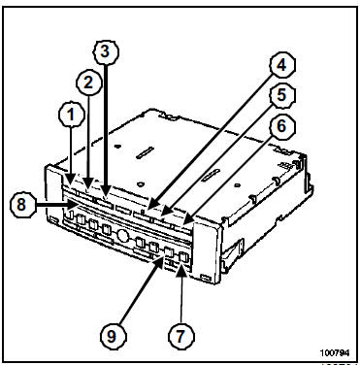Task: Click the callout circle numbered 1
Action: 71,116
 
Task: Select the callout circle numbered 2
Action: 88,83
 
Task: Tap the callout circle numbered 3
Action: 106,52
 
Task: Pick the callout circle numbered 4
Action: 282,65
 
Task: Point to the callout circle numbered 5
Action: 282,95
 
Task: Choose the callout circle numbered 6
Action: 282,125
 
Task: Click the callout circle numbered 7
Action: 180,336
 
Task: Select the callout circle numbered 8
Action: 22,205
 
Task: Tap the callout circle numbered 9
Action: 112,337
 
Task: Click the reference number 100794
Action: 335,352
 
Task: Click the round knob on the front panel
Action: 123,235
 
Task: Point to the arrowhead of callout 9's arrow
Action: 161,262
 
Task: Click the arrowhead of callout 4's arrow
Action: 152,206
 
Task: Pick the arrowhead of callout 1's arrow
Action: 71,179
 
